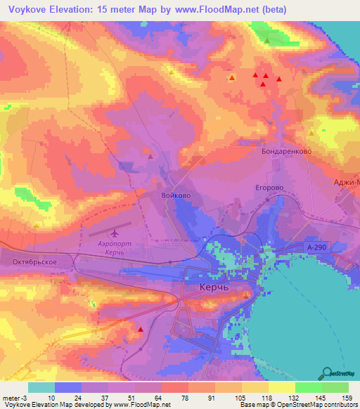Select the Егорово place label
[269, 188]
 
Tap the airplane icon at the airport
[115, 233]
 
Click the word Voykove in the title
[27, 9]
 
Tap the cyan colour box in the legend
[41, 387]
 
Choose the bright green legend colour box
[309, 387]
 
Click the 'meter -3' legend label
[15, 397]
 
